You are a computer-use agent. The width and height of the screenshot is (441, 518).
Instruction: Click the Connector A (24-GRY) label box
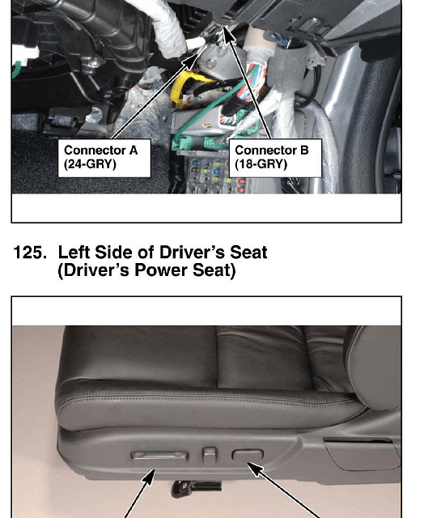pos(104,158)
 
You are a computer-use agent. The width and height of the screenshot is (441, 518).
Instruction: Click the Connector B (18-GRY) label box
pos(275,158)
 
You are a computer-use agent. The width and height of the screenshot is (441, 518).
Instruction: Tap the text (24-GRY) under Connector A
pos(90,164)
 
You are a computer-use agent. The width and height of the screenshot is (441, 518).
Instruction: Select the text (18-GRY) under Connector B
pos(261,164)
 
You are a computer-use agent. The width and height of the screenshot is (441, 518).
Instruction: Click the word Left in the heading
pos(74,253)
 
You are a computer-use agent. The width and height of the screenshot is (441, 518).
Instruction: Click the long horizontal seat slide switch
pos(160,456)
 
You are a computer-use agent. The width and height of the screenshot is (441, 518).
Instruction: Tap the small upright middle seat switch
pos(210,455)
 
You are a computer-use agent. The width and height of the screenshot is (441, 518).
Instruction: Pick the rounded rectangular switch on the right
pos(248,455)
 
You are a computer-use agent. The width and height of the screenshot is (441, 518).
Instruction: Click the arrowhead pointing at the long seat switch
pos(150,477)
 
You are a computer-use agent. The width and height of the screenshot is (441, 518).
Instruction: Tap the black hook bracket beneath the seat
pos(195,488)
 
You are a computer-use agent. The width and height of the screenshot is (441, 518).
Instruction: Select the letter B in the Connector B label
pos(304,151)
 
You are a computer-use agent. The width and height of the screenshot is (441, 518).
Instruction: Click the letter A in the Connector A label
pos(134,151)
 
